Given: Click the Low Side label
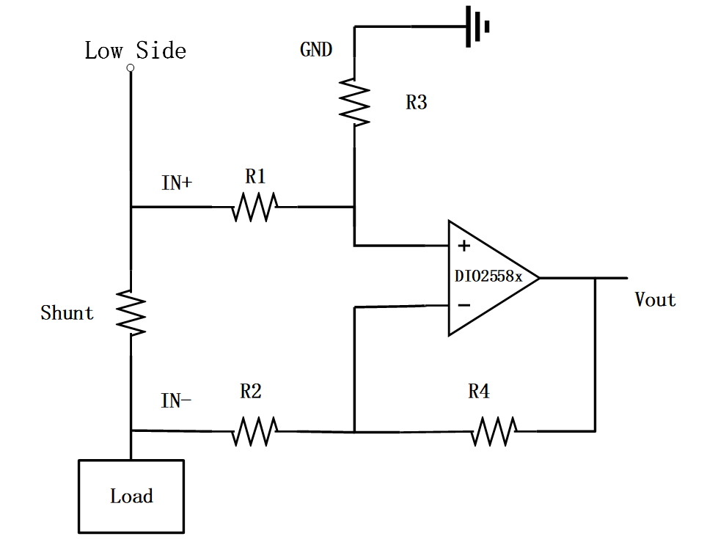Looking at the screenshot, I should [x=135, y=51].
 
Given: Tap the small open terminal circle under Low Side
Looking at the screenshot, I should [x=131, y=68].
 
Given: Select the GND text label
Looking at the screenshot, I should [x=316, y=50].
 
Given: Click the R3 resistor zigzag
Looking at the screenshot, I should [x=354, y=102].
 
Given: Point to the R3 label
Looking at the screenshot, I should [x=417, y=103].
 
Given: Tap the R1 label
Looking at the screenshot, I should [x=255, y=177].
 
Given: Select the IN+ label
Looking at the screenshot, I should [x=177, y=183].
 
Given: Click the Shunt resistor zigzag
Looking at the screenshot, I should [x=131, y=312].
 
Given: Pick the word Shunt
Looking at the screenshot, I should [x=67, y=313].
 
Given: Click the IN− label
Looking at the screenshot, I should [x=177, y=401].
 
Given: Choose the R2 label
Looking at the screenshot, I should [x=251, y=392].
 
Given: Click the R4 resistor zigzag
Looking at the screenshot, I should [x=494, y=430].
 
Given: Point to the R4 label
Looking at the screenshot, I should [x=479, y=392].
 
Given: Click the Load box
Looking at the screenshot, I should [x=131, y=496].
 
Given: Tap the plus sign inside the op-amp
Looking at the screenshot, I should [x=464, y=246].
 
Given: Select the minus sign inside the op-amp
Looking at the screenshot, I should [x=464, y=304].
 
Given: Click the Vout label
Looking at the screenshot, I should [x=655, y=300].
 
